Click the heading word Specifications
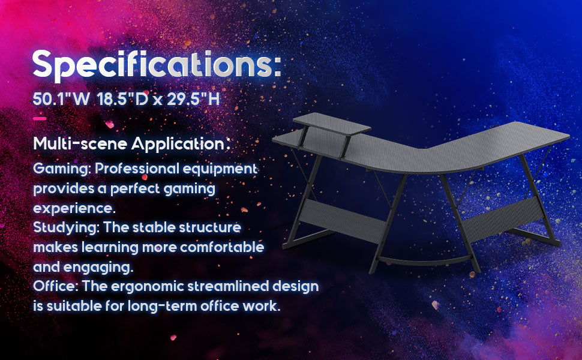[x=157, y=65]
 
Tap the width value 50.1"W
[x=61, y=99]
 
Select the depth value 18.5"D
[x=123, y=99]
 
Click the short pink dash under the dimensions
[x=40, y=119]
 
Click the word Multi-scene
[x=80, y=143]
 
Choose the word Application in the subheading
[x=178, y=144]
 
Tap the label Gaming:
[x=62, y=169]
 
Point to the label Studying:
[x=66, y=227]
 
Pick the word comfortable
[x=222, y=247]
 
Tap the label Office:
[x=55, y=286]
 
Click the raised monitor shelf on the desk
[x=331, y=124]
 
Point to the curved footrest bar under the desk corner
[x=424, y=262]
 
